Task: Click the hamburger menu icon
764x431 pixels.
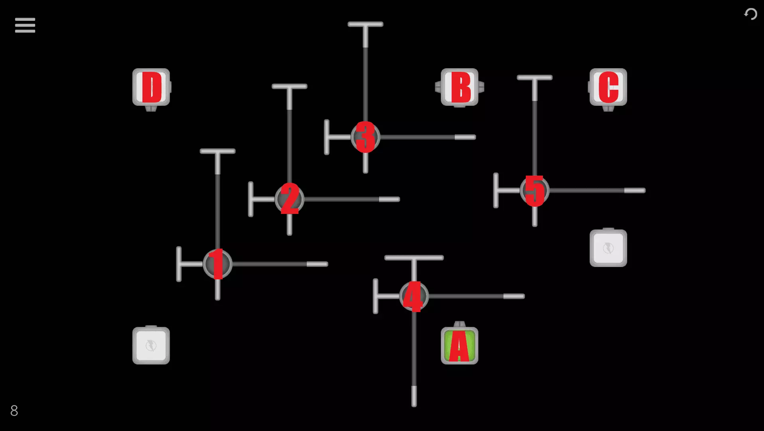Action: coord(25,25)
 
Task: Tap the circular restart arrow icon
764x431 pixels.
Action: coord(750,14)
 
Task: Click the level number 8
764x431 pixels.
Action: coord(14,411)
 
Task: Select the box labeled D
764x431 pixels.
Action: coord(151,87)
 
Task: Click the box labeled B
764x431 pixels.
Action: coord(460,87)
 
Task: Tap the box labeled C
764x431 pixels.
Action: coord(608,87)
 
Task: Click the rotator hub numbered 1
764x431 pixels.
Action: coord(217,264)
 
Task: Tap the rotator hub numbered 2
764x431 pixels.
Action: coord(290,199)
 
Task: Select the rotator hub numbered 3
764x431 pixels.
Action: coord(365,137)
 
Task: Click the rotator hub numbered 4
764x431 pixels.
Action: coord(414,296)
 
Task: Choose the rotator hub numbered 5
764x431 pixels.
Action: coord(535,191)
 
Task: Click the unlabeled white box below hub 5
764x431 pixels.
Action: coord(608,248)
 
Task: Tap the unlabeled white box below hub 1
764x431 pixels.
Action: coord(151,346)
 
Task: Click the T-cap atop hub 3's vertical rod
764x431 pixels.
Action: coord(365,24)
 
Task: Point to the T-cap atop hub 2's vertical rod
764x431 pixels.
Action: coord(290,86)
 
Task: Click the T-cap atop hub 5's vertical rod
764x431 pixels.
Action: coord(535,77)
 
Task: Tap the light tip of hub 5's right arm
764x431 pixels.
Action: coord(635,191)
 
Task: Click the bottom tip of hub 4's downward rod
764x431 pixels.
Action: coord(414,405)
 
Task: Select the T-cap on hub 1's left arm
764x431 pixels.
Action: coord(179,264)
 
